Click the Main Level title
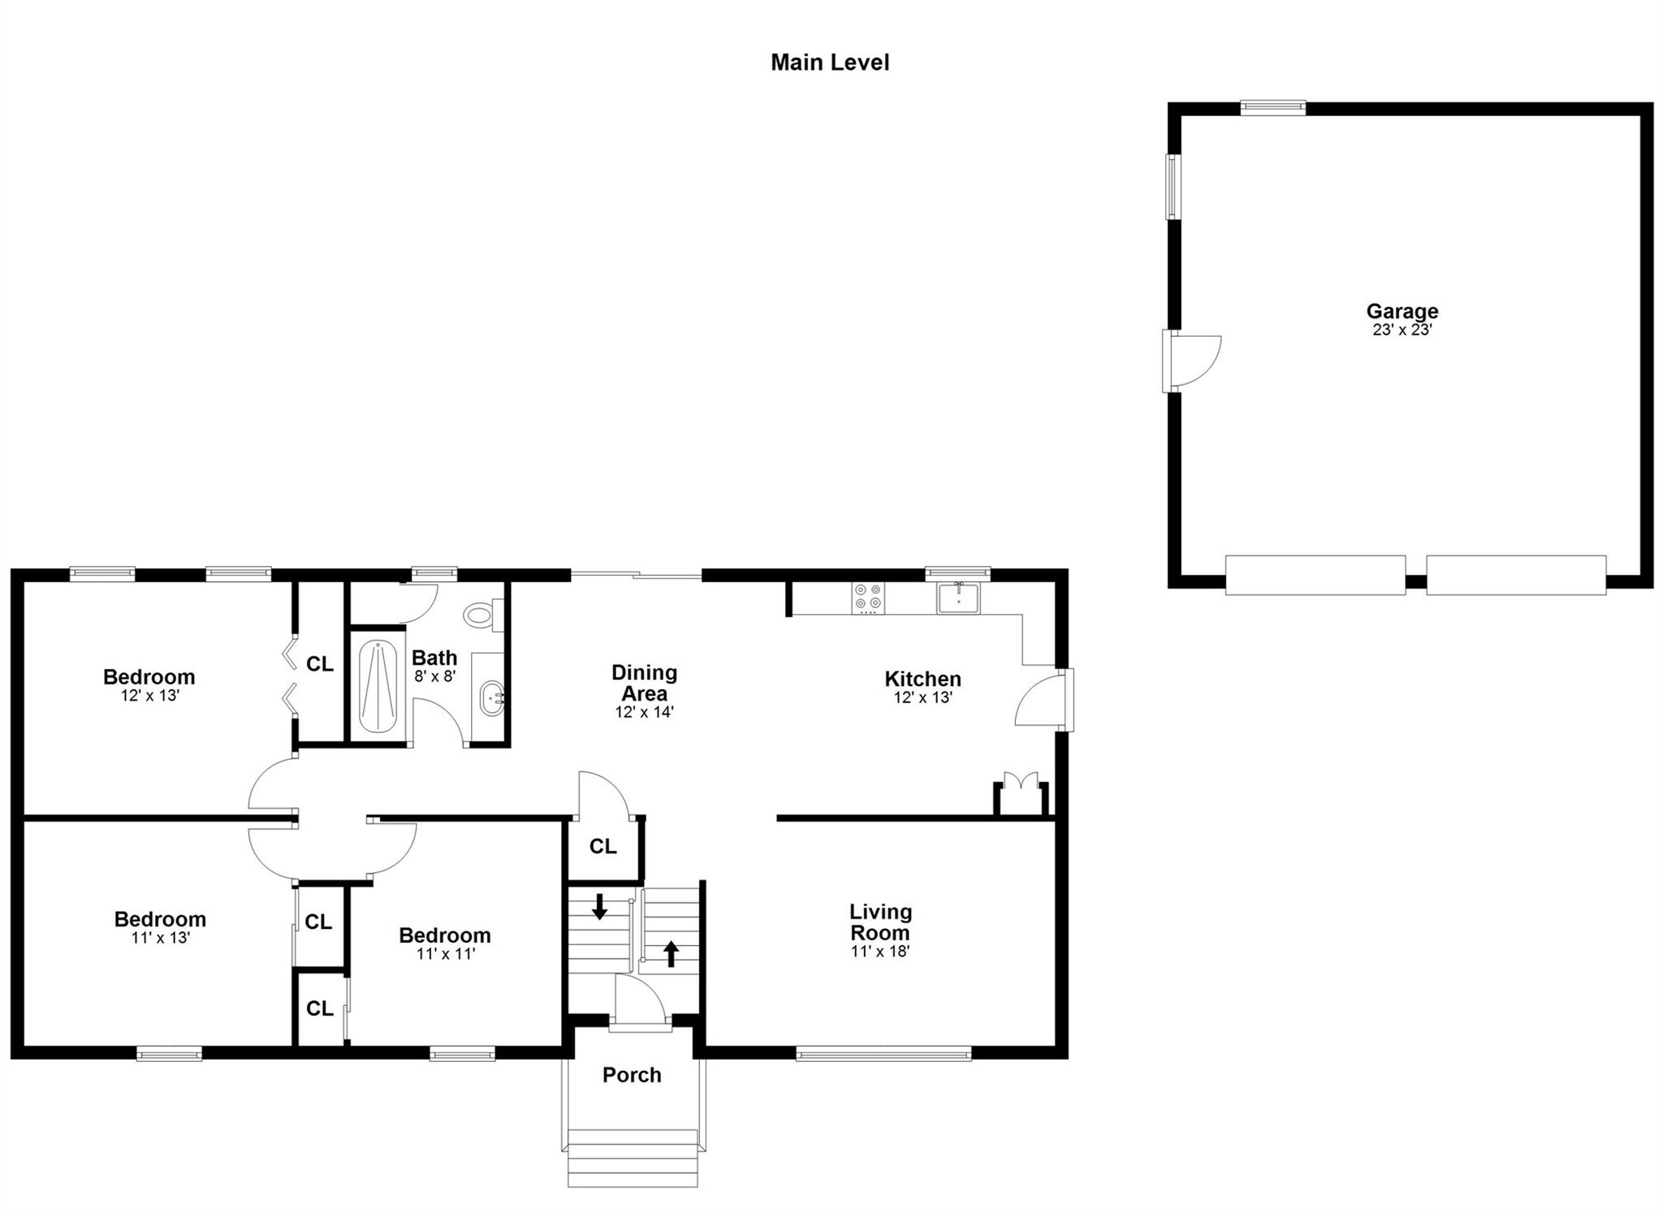click(x=830, y=63)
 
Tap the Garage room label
click(x=1402, y=311)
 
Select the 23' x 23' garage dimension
click(x=1402, y=330)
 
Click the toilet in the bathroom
click(x=484, y=615)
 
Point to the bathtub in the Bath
click(x=378, y=686)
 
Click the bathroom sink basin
click(x=492, y=699)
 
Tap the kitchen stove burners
click(x=868, y=598)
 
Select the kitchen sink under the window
click(x=959, y=598)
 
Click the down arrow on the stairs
click(x=599, y=906)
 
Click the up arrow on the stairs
click(x=671, y=954)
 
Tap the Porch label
click(x=632, y=1075)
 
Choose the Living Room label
click(x=880, y=922)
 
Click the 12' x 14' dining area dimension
click(x=644, y=712)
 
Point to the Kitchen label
click(x=922, y=679)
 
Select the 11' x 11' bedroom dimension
click(x=445, y=954)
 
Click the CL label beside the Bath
click(x=319, y=664)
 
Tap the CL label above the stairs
click(x=603, y=847)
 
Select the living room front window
click(x=883, y=1054)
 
